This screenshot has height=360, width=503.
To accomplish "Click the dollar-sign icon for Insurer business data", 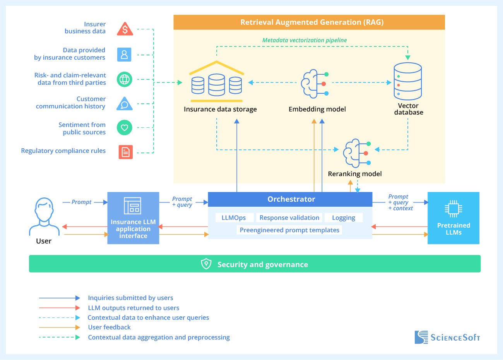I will [x=125, y=29].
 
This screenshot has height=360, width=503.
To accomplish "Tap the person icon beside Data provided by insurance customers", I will [x=124, y=55].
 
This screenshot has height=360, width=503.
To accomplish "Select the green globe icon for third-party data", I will [x=125, y=79].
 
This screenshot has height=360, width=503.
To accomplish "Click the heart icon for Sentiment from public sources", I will [x=125, y=127].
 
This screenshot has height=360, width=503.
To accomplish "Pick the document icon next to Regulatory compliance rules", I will [x=125, y=152].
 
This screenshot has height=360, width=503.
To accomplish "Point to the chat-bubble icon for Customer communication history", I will [x=125, y=104].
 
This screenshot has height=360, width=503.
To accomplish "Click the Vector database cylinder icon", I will [x=407, y=81].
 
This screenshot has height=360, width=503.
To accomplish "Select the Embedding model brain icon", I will [x=314, y=84].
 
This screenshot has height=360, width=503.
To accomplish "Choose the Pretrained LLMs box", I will [x=453, y=218].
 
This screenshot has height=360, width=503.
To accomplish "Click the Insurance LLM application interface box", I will [x=133, y=218].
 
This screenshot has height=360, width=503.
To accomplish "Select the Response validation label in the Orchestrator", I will [x=289, y=218].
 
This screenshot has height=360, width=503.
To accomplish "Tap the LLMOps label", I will [x=234, y=218].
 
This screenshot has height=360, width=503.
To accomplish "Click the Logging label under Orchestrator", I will [x=343, y=218].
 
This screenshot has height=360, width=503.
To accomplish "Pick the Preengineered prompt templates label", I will [x=289, y=230].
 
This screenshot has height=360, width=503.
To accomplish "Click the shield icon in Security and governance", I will [x=206, y=264].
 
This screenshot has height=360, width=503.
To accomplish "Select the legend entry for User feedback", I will [x=109, y=327].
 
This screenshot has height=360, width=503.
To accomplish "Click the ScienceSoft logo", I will [x=447, y=337].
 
